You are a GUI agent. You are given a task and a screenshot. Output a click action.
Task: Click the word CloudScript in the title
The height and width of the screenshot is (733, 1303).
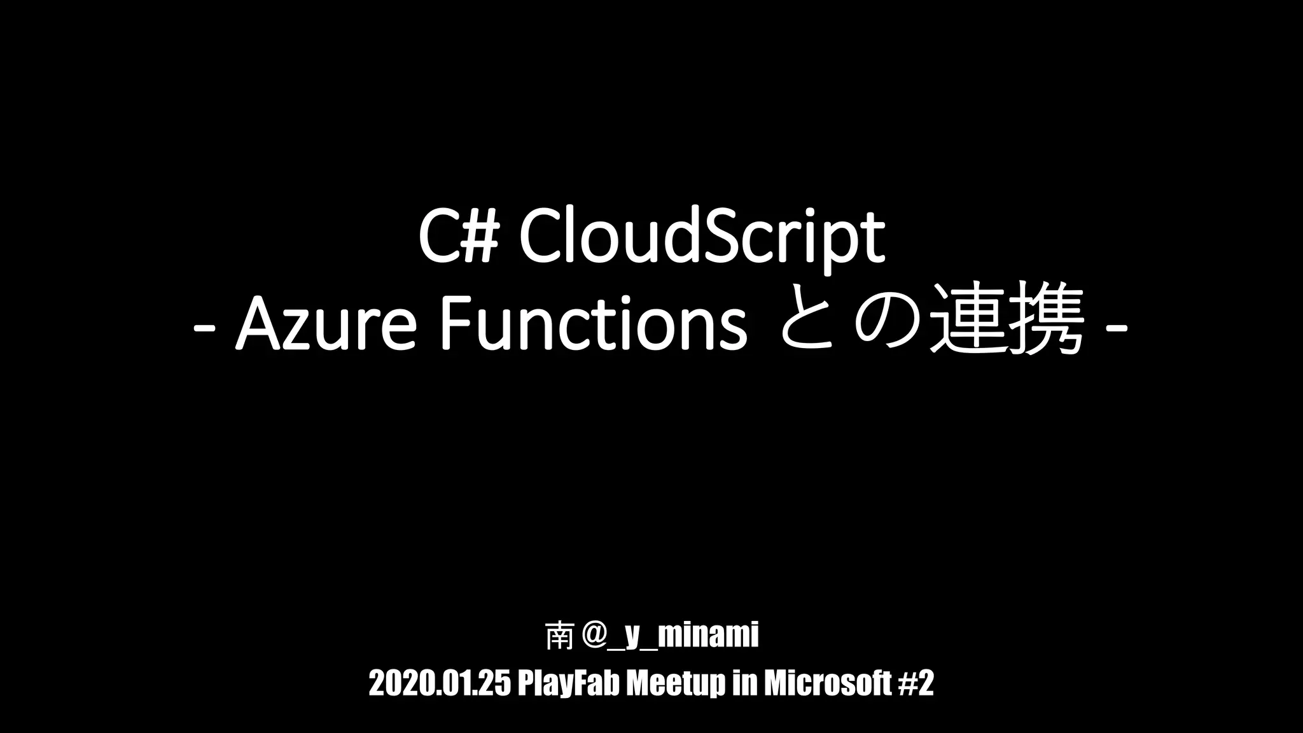(x=702, y=237)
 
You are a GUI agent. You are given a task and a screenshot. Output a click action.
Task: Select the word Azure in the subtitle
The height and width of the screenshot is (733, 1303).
(x=325, y=325)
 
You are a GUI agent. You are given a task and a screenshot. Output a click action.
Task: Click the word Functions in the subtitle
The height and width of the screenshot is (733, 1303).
(x=592, y=325)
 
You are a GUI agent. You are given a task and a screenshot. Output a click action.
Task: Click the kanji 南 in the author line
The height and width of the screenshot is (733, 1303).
(x=558, y=637)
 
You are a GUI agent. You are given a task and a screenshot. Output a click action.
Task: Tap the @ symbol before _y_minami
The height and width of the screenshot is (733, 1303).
(x=589, y=637)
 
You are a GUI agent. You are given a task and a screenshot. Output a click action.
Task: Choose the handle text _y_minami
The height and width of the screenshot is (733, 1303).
(x=683, y=637)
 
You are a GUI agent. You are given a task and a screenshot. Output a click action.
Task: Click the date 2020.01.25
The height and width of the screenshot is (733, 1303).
(x=439, y=684)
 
